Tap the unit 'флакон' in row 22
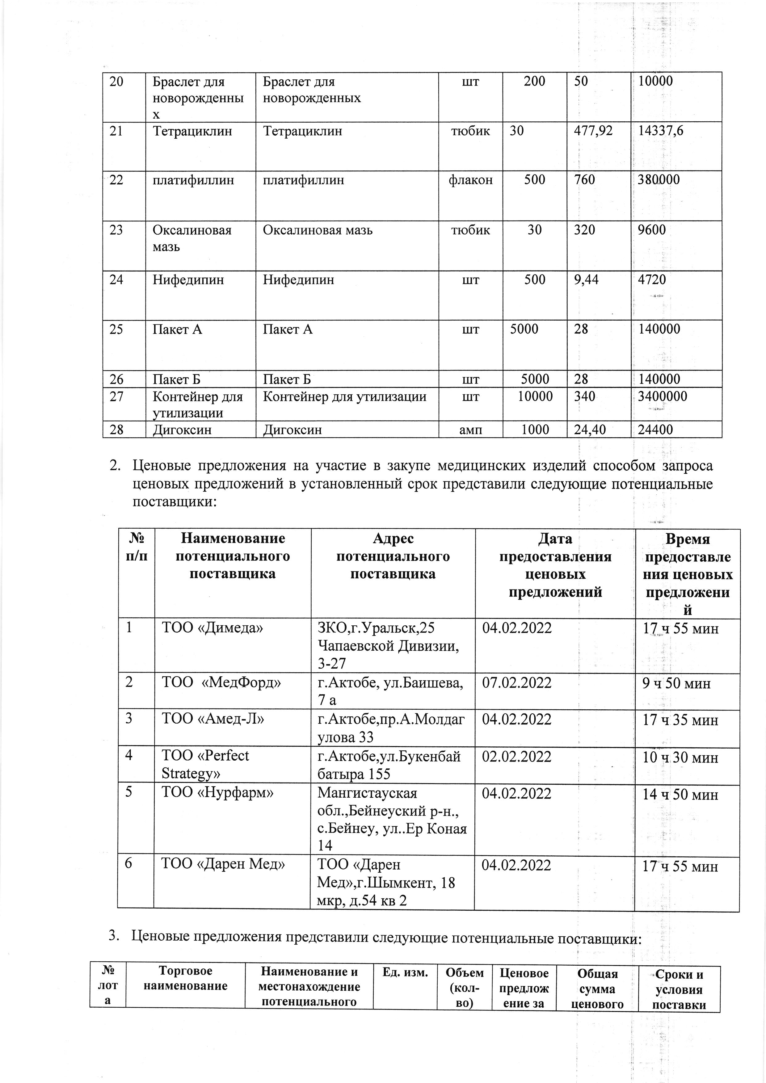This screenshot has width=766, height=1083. pos(471,180)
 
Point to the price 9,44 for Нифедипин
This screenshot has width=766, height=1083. pos(586,280)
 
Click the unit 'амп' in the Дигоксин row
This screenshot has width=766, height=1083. pos(471,430)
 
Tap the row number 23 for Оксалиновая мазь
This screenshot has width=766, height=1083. pos(116,230)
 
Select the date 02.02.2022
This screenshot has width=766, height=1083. pos(516,756)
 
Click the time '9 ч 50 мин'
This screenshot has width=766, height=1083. pos(676,683)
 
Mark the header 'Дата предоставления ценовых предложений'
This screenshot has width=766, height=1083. pos(555,565)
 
